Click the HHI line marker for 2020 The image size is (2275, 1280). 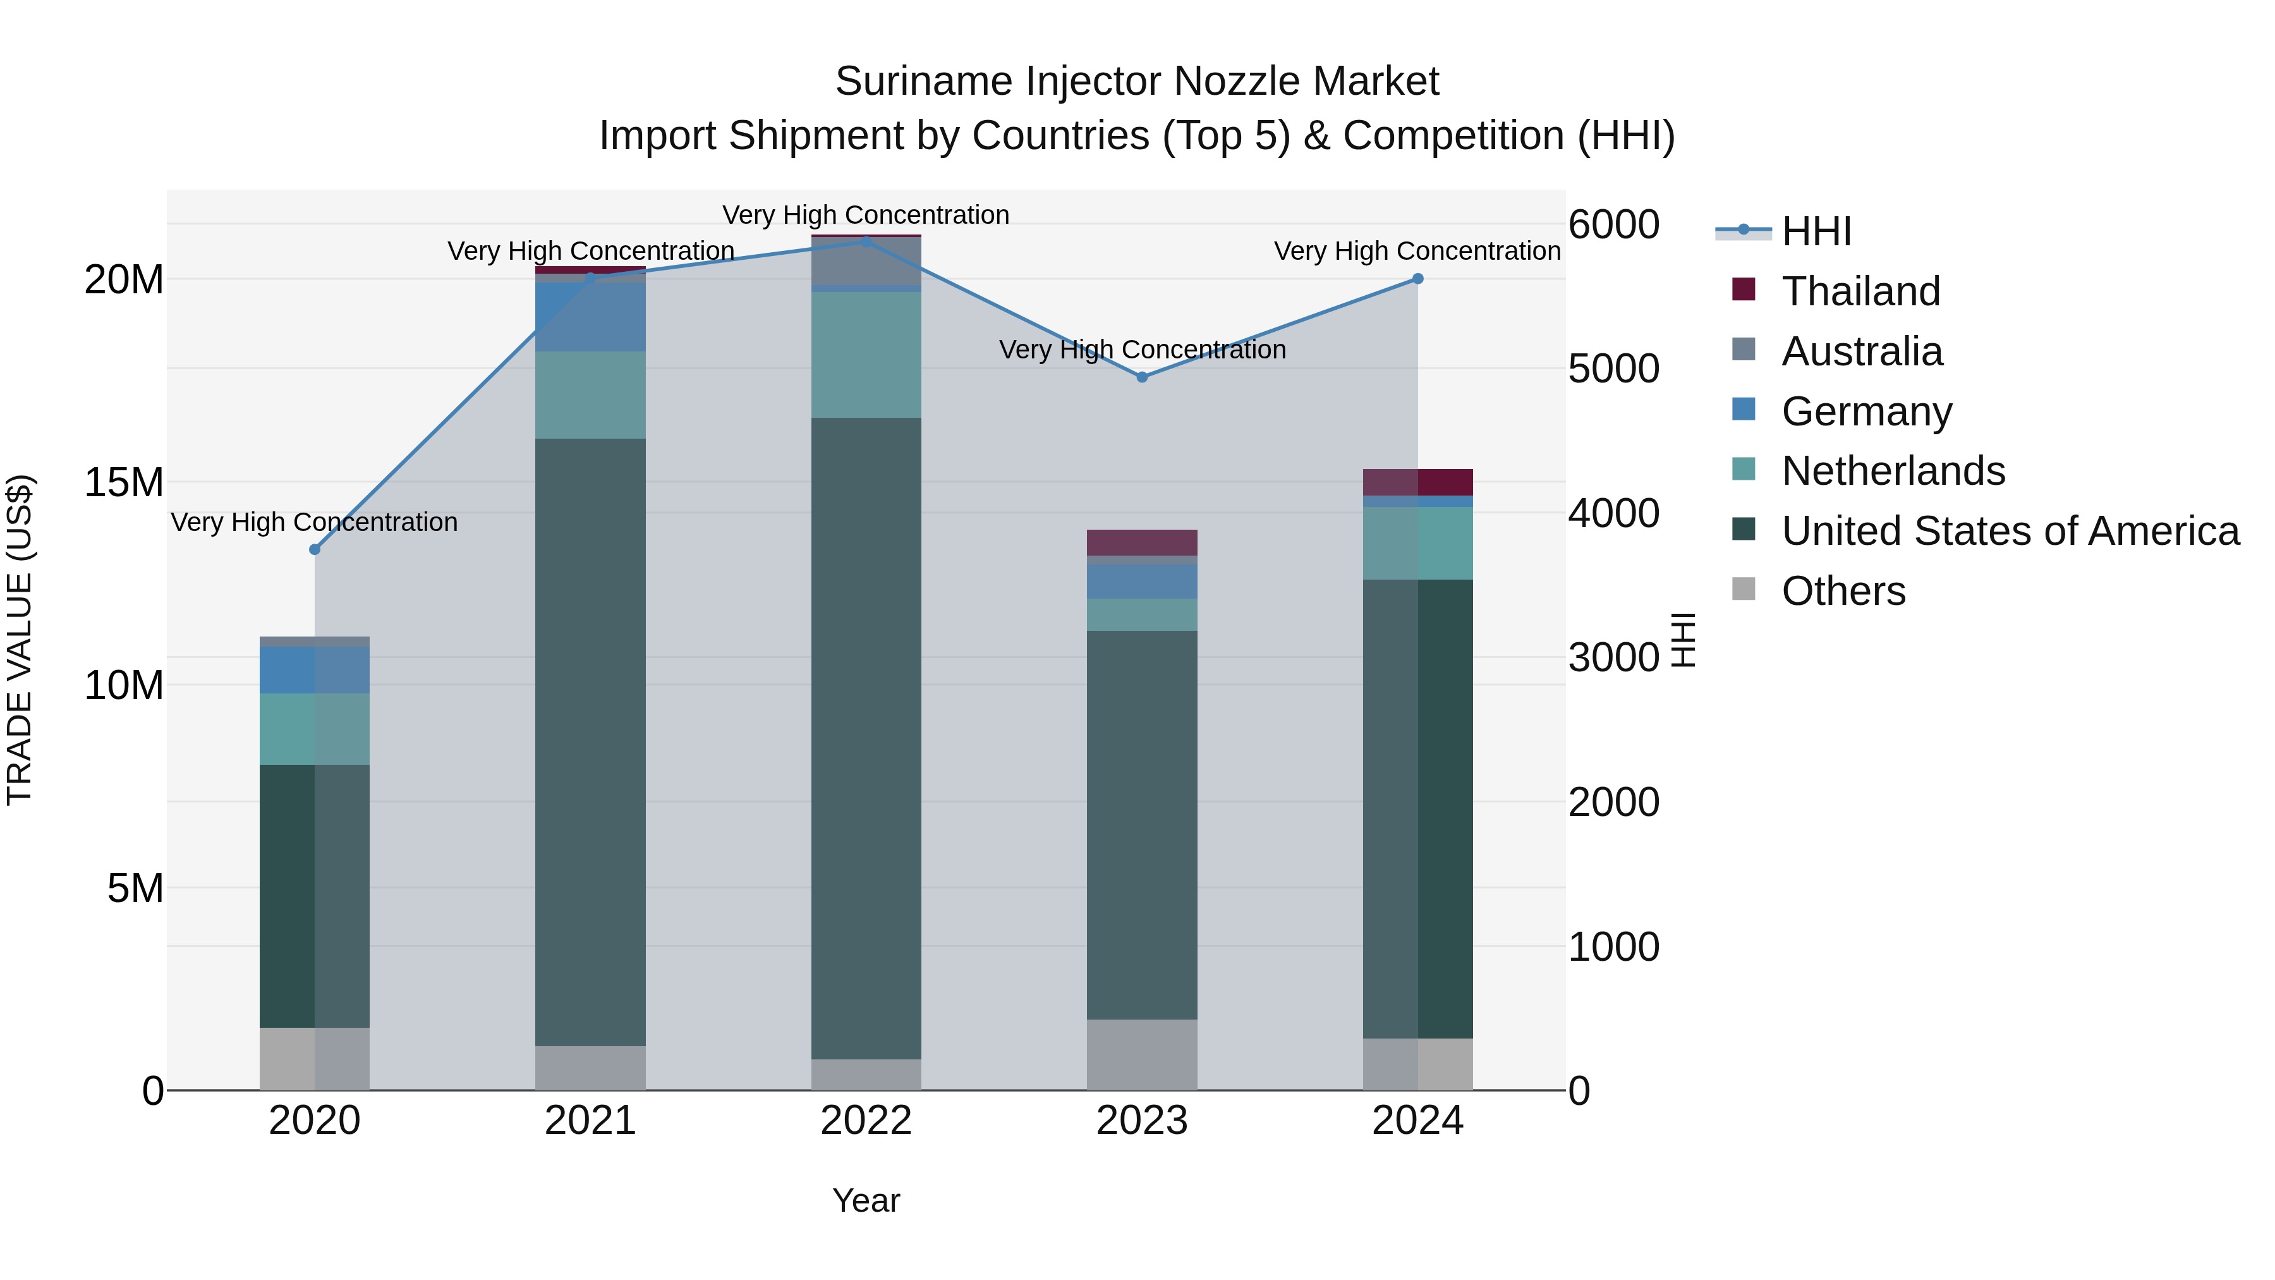click(x=315, y=549)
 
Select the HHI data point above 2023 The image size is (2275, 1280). click(x=1142, y=377)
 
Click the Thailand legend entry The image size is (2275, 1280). click(x=1861, y=291)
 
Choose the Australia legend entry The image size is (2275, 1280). click(x=1862, y=351)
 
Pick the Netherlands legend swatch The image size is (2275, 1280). click(x=1744, y=470)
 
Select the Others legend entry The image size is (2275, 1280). click(x=1843, y=591)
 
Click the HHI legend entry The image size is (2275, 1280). click(x=1816, y=231)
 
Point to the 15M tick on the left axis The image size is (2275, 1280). click(x=124, y=483)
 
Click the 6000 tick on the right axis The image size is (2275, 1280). click(x=1613, y=224)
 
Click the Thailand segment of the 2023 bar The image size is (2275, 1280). click(x=1142, y=542)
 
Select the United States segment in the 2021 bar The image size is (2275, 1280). click(x=590, y=742)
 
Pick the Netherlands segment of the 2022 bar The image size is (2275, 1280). click(x=866, y=354)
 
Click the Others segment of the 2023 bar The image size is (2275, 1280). click(x=1142, y=1055)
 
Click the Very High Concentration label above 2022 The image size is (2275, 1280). click(x=866, y=215)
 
